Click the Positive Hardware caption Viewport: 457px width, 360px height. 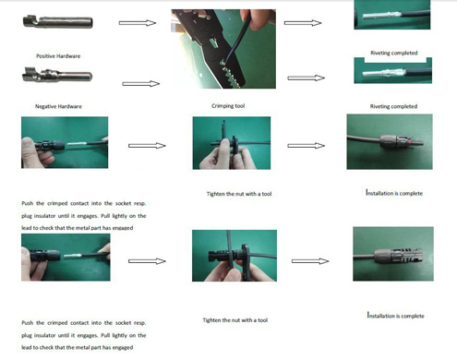click(57, 56)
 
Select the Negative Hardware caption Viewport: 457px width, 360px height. click(58, 106)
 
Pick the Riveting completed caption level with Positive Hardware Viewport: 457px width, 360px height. click(392, 54)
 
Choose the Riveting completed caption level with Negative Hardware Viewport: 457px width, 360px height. click(392, 106)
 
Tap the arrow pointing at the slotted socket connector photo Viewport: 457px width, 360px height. click(307, 260)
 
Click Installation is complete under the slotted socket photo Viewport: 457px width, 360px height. click(395, 316)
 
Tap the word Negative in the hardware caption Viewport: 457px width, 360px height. click(49, 106)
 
